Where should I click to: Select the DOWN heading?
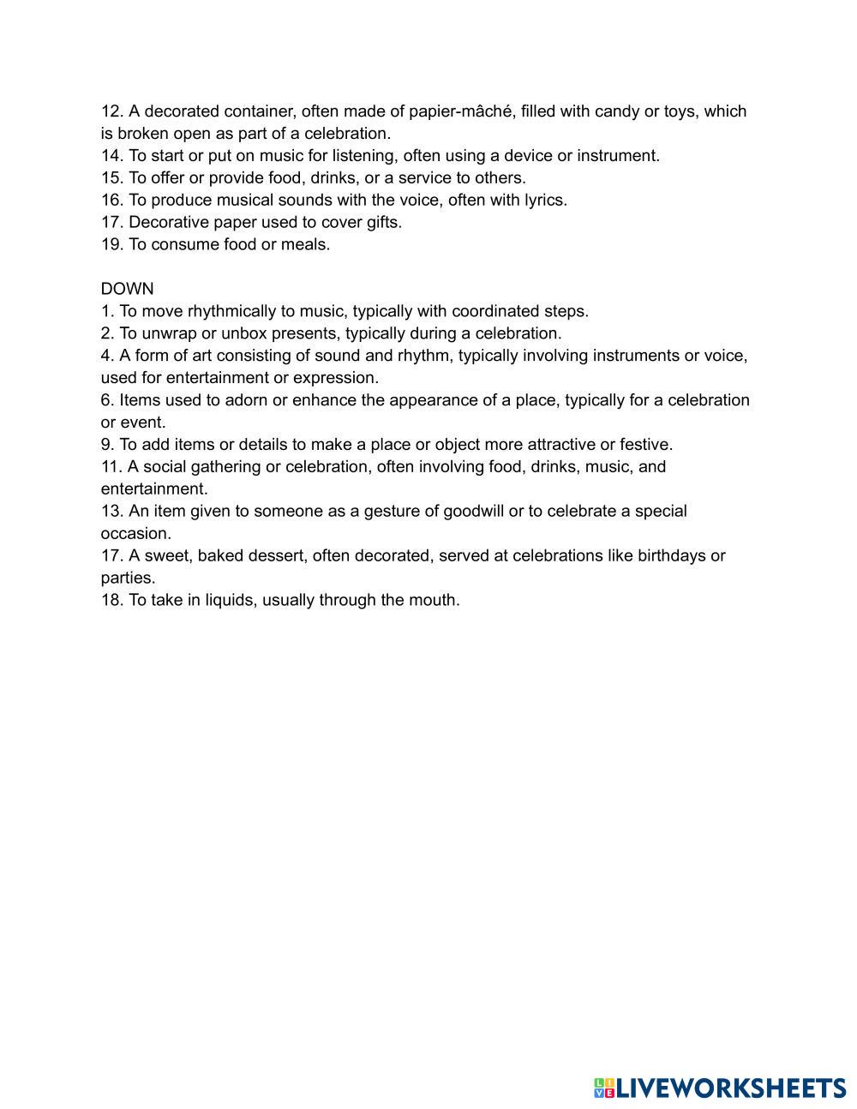click(127, 289)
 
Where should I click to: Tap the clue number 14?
click(112, 156)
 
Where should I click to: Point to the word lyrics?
click(545, 201)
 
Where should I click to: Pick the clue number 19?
click(112, 245)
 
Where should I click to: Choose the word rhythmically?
click(231, 311)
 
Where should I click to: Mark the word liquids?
click(229, 601)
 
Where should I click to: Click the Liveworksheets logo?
click(720, 1088)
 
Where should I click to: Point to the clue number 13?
click(112, 512)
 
